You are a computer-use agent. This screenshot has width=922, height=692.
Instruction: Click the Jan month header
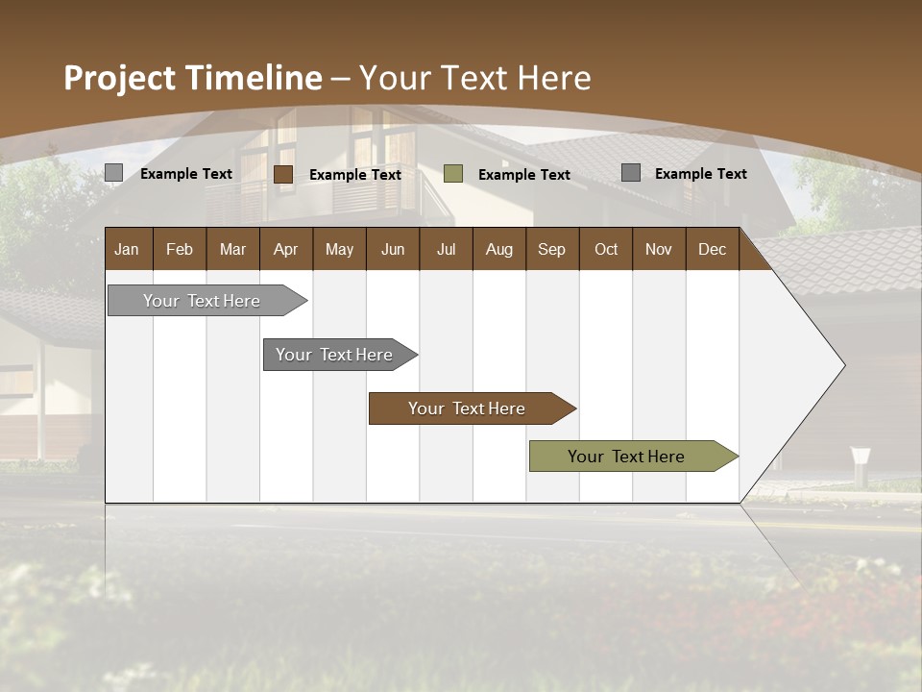point(128,249)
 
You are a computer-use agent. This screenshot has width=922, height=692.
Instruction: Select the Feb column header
point(180,249)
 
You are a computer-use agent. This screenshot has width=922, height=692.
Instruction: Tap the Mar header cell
point(232,249)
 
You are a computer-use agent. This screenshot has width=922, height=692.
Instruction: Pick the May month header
point(339,249)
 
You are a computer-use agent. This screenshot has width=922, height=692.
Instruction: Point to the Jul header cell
point(446,249)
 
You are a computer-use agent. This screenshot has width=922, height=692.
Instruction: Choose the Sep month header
point(551,249)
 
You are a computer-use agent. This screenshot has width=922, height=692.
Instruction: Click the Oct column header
point(606,249)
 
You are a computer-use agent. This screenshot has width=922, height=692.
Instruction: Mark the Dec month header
point(712,249)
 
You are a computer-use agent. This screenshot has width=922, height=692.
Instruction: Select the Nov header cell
point(658,249)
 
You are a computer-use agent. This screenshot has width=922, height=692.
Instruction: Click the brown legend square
point(283,174)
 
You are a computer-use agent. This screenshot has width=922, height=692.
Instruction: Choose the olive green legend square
point(453,174)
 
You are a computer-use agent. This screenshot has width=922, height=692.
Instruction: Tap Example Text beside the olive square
point(524,175)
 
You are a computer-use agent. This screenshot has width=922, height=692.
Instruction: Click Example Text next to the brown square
point(355,175)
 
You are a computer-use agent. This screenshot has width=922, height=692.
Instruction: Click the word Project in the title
point(120,78)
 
